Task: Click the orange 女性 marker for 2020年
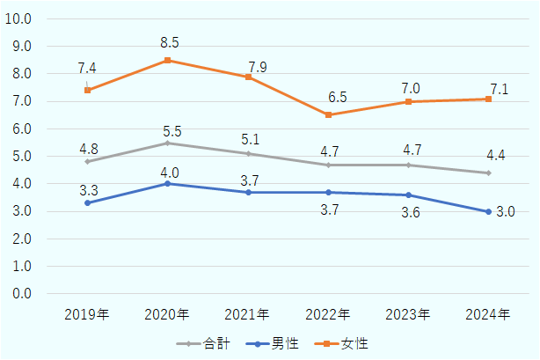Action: pos(167,60)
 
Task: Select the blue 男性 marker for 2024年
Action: pos(488,211)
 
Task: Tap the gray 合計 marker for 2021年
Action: pos(248,153)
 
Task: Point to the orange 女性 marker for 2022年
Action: pos(328,114)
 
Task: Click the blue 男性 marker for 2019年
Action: pos(87,202)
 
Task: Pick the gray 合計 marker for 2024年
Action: pos(488,173)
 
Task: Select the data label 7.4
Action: pos(87,68)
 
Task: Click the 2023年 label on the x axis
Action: pos(408,314)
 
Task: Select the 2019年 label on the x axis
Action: pos(87,314)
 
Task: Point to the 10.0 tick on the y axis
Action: pos(19,18)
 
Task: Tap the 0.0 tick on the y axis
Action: pos(23,293)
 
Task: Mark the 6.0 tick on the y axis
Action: pos(23,129)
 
